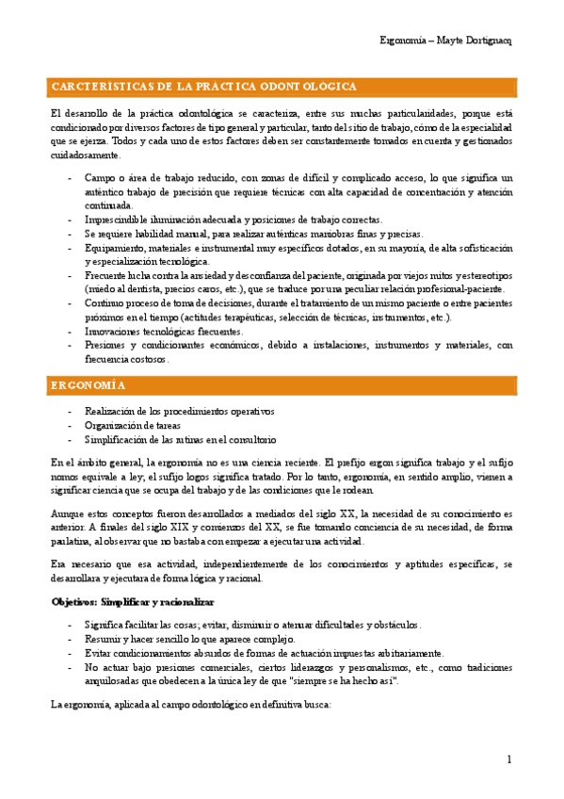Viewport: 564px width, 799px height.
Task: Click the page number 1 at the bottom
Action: tap(508, 759)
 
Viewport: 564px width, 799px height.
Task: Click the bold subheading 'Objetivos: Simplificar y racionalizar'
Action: tap(132, 601)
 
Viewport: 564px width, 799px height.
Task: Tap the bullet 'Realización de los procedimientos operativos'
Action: tap(179, 412)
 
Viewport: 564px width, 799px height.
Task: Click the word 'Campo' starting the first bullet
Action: tap(99, 177)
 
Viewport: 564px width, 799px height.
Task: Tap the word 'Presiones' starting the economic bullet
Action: tap(106, 346)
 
